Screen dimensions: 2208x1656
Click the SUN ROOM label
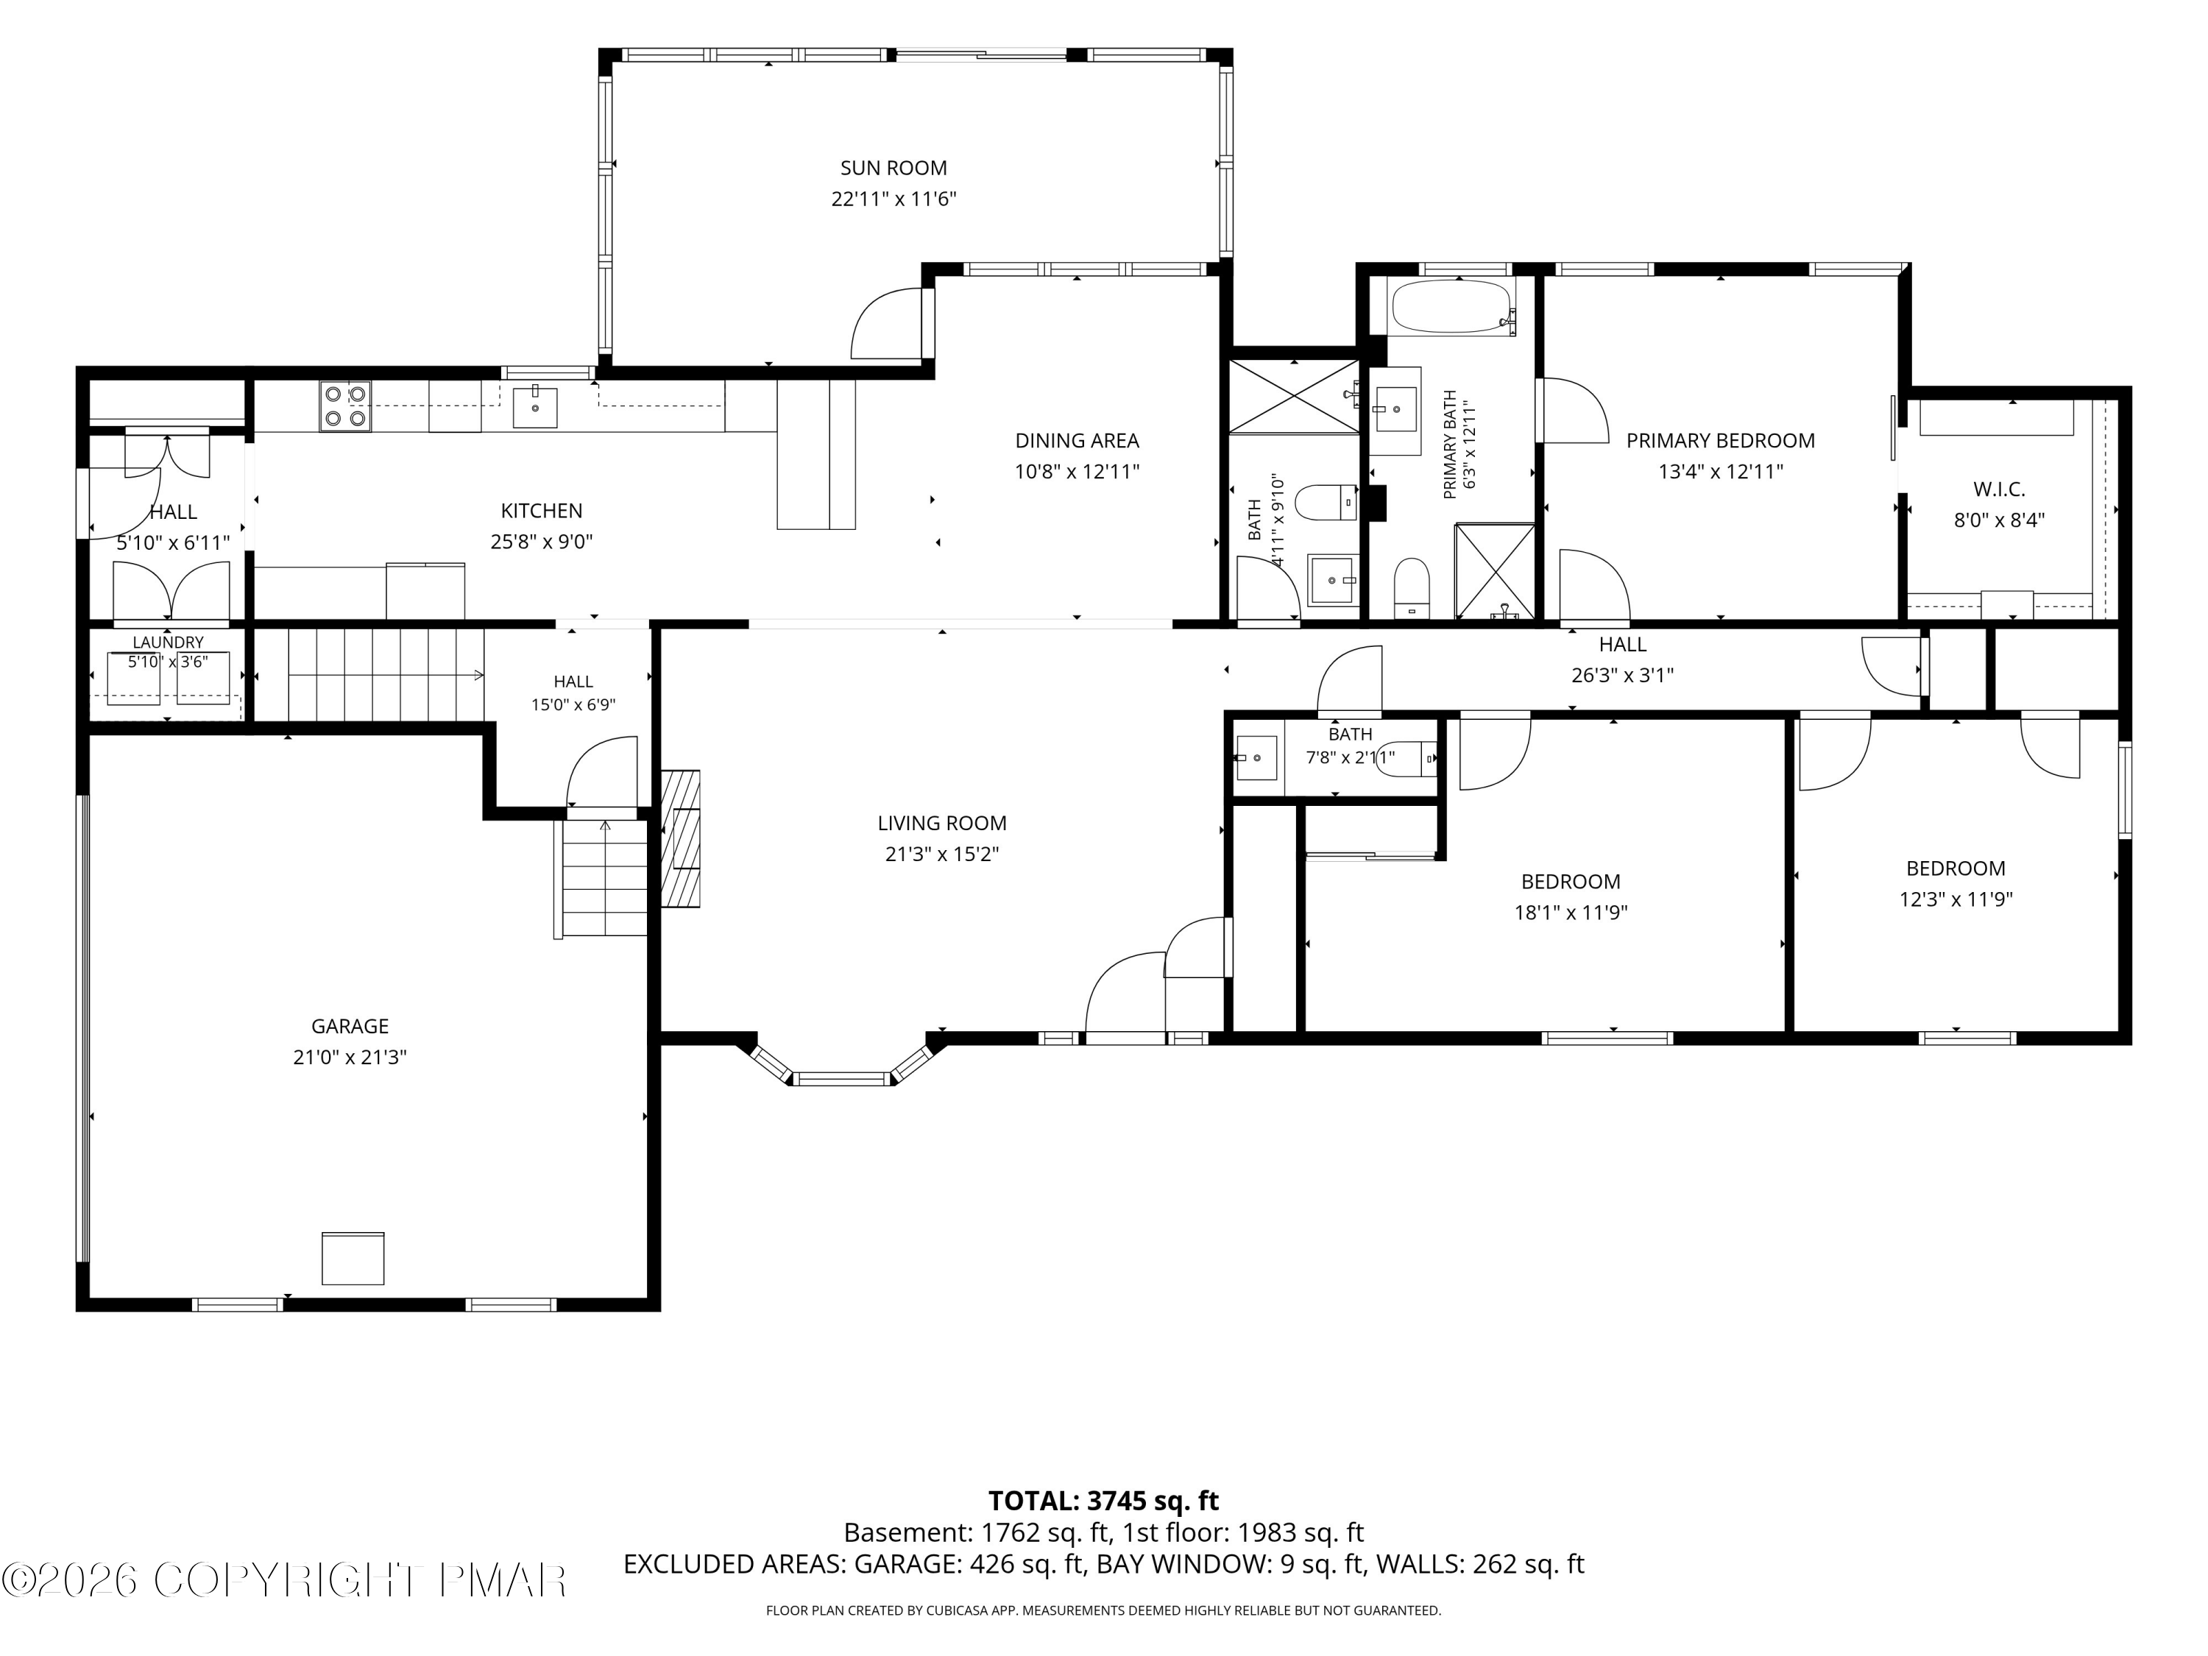tap(894, 169)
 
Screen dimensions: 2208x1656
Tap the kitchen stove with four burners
tap(345, 406)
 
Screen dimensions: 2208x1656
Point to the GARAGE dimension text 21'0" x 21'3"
tap(350, 1057)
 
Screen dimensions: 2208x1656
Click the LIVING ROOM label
tap(942, 824)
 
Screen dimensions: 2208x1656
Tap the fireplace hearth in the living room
tap(681, 838)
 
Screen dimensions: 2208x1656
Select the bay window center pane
tap(841, 1078)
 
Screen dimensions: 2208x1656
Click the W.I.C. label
tap(2000, 490)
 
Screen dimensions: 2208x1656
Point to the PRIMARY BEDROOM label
tap(1721, 440)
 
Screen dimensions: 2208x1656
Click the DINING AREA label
tap(1077, 440)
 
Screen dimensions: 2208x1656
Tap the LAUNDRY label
tap(168, 643)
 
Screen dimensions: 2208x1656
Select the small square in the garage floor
tap(353, 1258)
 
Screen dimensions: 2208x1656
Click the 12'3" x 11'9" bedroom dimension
tap(1956, 899)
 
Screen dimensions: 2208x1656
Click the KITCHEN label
tap(542, 511)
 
